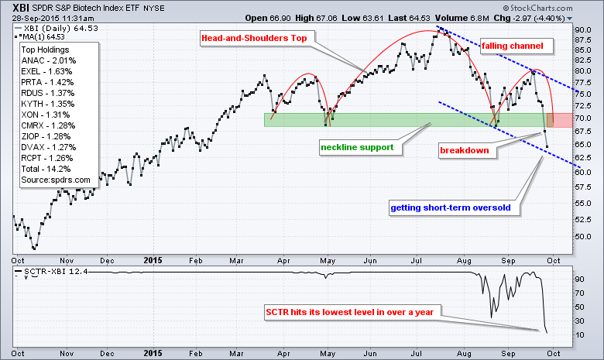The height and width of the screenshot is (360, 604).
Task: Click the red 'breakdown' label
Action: [465, 150]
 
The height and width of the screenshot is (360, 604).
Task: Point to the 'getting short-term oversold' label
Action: [451, 207]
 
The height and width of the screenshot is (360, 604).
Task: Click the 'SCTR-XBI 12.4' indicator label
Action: [51, 273]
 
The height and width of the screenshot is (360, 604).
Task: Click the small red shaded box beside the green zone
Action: [560, 120]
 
